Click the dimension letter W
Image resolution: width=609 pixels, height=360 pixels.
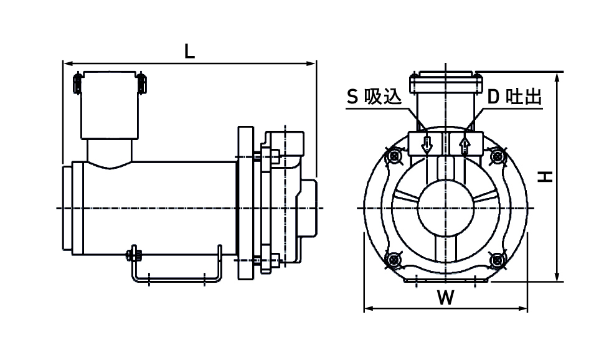tap(445, 298)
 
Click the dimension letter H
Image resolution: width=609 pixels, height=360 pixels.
tap(546, 178)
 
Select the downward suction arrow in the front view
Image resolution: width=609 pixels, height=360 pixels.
tap(427, 144)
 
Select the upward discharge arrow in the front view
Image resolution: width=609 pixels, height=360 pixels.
tap(464, 144)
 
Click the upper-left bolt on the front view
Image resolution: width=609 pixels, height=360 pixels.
tap(393, 156)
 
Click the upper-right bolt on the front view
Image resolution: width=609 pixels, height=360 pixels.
tap(498, 156)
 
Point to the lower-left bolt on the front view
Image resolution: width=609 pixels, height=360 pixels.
tap(393, 258)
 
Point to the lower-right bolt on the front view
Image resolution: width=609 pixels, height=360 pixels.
tap(498, 258)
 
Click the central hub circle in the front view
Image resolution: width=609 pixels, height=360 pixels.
tap(445, 207)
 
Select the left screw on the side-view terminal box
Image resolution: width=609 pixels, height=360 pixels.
tap(77, 83)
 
